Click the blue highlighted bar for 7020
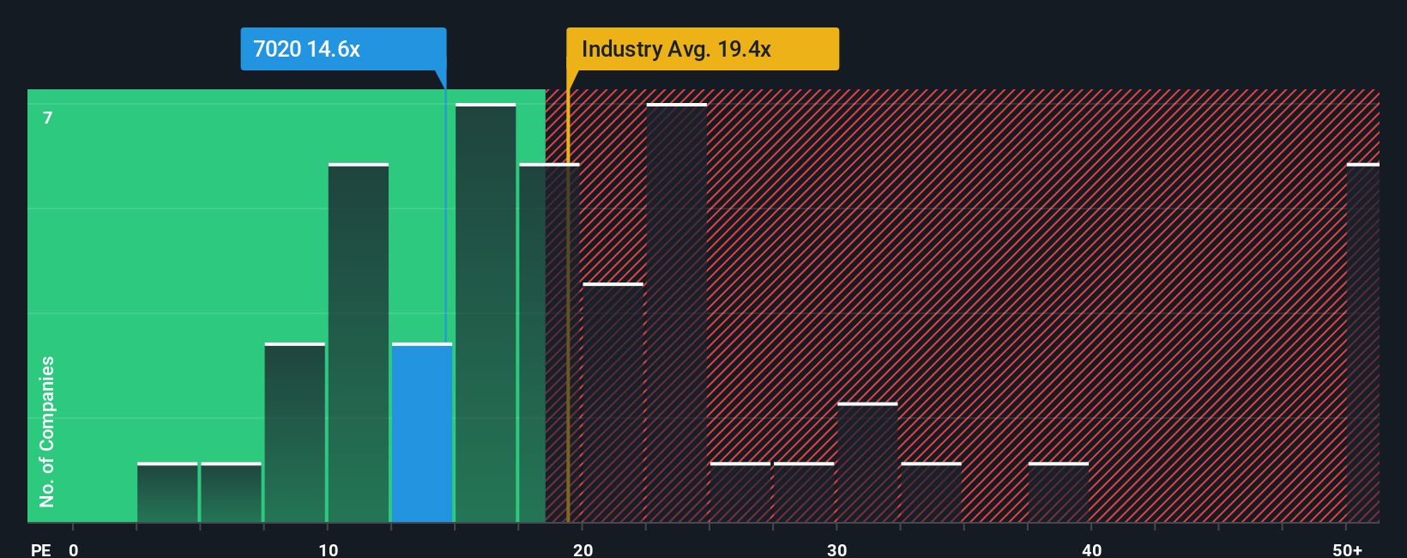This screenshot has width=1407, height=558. click(422, 433)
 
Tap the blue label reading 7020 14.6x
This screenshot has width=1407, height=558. click(343, 49)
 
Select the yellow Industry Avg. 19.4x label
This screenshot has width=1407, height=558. click(702, 49)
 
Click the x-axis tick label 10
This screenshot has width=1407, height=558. click(329, 549)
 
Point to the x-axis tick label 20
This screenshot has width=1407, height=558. click(583, 549)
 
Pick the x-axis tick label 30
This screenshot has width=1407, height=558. click(836, 549)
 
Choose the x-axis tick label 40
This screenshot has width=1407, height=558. click(1091, 549)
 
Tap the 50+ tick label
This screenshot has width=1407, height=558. click(1347, 549)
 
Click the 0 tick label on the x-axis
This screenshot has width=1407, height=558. click(74, 549)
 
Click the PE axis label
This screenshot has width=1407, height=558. click(40, 549)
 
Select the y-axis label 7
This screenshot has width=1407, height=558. click(48, 118)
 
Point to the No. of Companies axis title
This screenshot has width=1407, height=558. click(47, 431)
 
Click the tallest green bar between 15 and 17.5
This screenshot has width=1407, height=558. click(486, 313)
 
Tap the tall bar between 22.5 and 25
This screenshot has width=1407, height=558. click(677, 313)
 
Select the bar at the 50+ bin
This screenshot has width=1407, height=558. click(1362, 343)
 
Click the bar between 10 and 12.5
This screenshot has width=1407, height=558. click(359, 343)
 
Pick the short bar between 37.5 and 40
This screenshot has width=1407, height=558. click(1059, 493)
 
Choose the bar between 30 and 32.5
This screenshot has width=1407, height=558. click(867, 463)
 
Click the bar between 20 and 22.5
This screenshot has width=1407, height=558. click(613, 403)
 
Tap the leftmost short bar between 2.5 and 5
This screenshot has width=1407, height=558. click(167, 493)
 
